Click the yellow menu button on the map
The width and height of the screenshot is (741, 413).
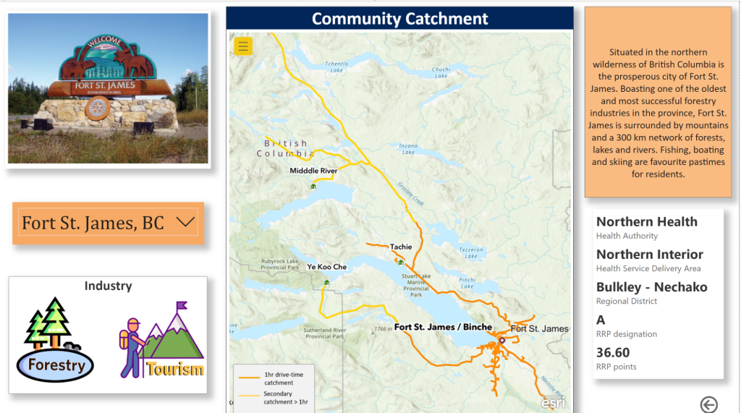pos(243,46)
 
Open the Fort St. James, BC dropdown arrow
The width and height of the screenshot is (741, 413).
pos(186,223)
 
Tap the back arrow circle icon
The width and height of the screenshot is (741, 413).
pos(708,405)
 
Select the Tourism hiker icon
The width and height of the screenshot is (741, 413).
pos(162,341)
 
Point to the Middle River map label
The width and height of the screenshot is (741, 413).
pos(313,171)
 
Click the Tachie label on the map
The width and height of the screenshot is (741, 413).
pos(400,247)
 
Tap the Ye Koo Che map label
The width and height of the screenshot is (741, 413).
pos(326,267)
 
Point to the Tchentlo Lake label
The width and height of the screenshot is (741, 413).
pos(337,67)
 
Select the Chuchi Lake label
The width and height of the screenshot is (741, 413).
pos(441,72)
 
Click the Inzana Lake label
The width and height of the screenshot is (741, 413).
pos(409,149)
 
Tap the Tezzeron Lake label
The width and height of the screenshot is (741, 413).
pos(471,252)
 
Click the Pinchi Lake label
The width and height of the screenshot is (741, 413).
pos(467,283)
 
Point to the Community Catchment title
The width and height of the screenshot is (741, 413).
pos(399,19)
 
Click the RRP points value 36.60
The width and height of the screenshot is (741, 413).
pos(613,353)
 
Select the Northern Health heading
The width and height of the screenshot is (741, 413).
pos(646,222)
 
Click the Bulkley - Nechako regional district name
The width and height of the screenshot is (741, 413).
pos(651,287)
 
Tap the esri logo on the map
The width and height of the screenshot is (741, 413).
pos(554,402)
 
